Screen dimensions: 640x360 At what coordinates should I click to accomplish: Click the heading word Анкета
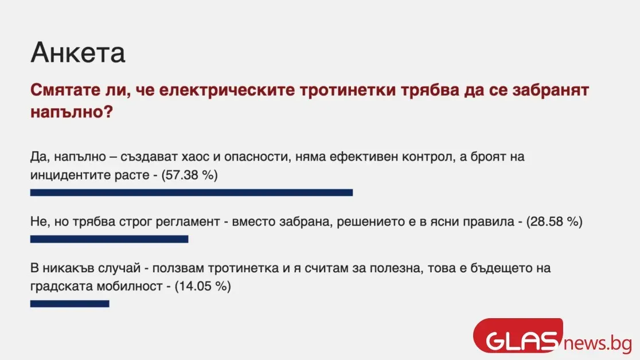click(x=77, y=53)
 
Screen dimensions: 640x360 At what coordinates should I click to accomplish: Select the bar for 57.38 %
click(x=192, y=193)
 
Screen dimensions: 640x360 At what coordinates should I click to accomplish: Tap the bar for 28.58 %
click(x=109, y=239)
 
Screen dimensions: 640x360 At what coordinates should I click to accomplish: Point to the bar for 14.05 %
click(x=70, y=304)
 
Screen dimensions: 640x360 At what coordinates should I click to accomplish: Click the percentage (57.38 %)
click(x=189, y=175)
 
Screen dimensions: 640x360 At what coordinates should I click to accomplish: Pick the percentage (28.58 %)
click(x=554, y=222)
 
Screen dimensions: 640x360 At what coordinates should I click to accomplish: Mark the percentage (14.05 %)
click(x=202, y=286)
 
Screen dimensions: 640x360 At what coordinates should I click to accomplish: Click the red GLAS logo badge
click(x=518, y=336)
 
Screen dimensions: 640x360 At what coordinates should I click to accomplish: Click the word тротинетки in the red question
click(x=348, y=90)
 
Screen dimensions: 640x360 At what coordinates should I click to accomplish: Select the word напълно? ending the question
click(x=72, y=112)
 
